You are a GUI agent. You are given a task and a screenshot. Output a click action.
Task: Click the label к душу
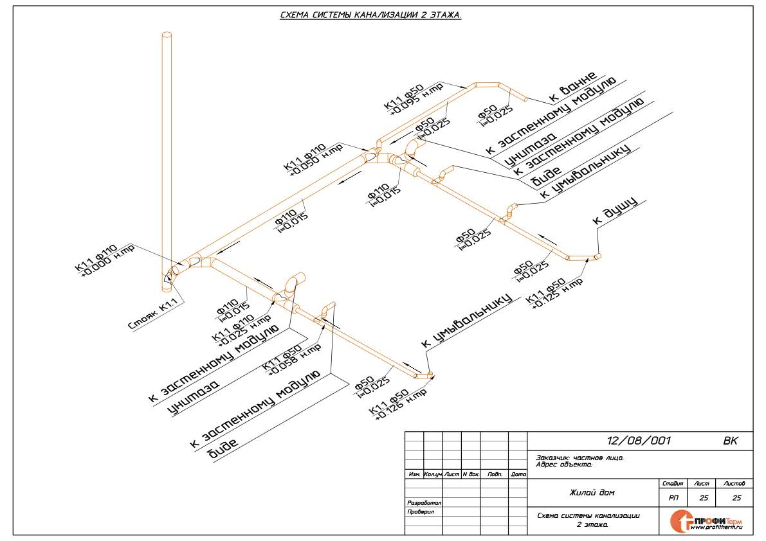point(614,211)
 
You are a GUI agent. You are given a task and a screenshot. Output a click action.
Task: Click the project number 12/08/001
point(639,441)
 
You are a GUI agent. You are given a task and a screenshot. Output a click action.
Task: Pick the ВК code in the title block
point(731,441)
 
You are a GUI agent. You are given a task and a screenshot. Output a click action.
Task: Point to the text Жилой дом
point(592,493)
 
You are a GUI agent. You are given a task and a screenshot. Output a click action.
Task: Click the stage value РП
point(673,498)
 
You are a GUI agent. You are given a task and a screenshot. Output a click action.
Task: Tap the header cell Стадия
point(673,483)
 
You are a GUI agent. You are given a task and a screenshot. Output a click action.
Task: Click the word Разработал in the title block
point(424,502)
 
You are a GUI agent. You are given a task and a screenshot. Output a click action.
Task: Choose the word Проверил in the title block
point(421,512)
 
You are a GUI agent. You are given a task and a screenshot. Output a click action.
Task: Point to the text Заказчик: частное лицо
point(579,458)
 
